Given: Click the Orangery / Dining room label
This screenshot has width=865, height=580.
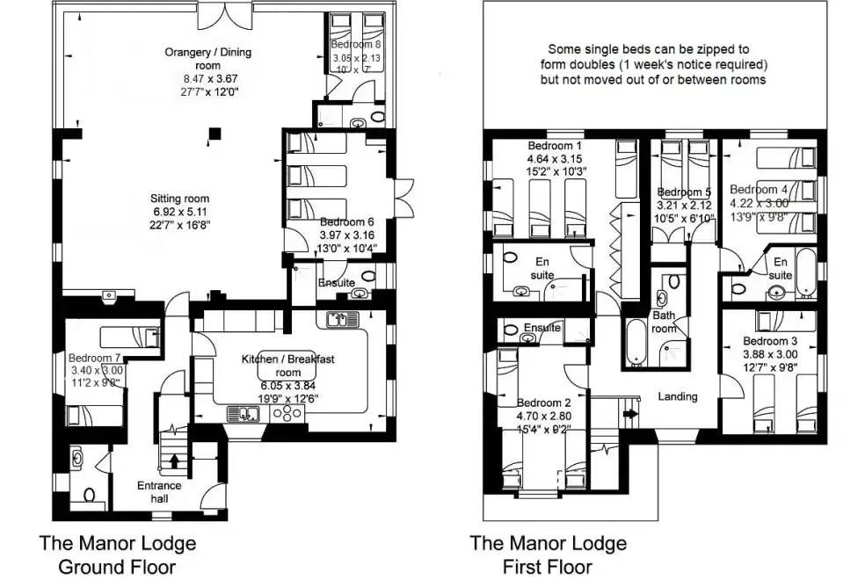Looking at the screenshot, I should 207,59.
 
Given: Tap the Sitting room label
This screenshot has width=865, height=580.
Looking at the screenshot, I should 179,199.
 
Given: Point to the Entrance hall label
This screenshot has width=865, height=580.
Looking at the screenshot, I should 159,492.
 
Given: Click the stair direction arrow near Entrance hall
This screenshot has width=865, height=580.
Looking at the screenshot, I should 174,459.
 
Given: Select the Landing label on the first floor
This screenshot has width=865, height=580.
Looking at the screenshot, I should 678,396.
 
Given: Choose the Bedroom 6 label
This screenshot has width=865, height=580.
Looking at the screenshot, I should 347,222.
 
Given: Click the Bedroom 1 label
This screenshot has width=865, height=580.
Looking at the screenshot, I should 555,146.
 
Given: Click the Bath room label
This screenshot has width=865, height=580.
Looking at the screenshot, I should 663,322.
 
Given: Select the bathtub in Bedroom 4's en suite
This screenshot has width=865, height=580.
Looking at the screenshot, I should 805,272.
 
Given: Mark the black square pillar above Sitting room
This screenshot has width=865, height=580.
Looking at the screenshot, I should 214,134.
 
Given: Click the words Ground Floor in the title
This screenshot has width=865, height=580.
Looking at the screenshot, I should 117,566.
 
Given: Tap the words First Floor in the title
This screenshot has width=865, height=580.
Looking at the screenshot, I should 547,566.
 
